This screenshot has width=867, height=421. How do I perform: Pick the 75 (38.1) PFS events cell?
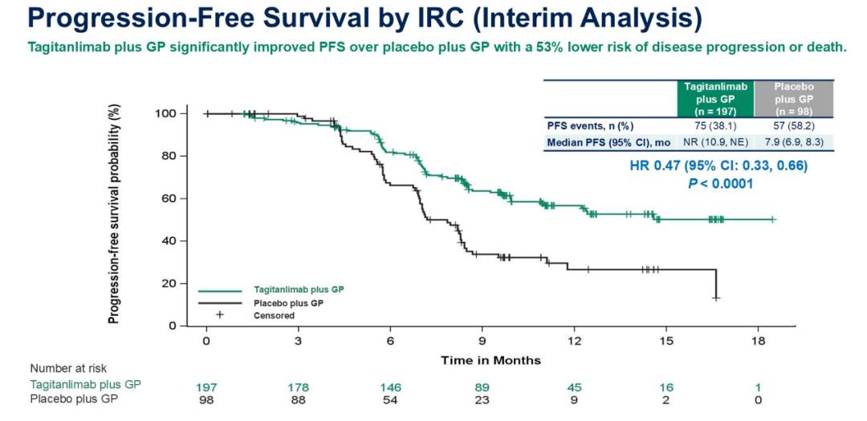(x=714, y=125)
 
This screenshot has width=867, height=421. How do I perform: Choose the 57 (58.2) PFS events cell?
(x=793, y=125)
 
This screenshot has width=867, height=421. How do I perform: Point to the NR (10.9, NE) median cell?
(x=714, y=142)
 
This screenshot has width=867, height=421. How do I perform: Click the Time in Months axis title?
(x=490, y=360)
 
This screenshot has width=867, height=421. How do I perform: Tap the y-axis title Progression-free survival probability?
(x=114, y=215)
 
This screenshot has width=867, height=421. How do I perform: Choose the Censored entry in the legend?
(x=275, y=316)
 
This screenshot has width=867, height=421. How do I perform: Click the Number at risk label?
(x=68, y=368)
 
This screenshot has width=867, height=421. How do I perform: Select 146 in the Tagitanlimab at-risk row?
(x=390, y=386)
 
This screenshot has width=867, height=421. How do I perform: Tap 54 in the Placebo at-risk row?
(x=390, y=399)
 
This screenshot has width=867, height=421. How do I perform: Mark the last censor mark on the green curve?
(x=773, y=219)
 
